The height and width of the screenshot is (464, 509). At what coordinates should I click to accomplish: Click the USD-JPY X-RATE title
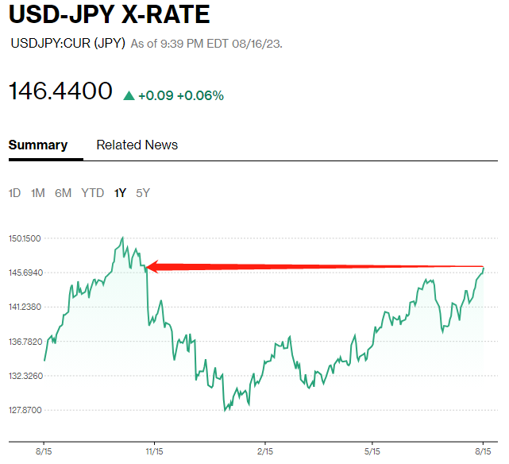[x=109, y=14]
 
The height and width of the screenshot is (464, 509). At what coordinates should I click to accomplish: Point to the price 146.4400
[x=60, y=91]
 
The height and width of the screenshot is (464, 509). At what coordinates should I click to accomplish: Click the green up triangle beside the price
[x=129, y=96]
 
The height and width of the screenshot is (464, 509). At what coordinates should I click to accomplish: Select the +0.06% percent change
[x=200, y=96]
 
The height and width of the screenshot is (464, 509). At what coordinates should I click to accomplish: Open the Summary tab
[x=38, y=145]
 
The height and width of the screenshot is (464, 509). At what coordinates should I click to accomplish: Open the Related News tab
[x=137, y=145]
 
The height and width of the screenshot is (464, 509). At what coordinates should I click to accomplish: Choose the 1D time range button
[x=15, y=193]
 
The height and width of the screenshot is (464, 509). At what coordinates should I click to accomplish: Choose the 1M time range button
[x=38, y=193]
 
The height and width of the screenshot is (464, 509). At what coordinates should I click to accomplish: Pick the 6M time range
[x=64, y=193]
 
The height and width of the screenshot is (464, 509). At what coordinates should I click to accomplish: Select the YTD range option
[x=93, y=193]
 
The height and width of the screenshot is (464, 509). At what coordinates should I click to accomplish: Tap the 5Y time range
[x=143, y=193]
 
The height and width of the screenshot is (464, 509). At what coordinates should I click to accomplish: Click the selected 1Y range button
[x=120, y=193]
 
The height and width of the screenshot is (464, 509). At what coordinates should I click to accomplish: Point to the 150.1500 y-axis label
[x=25, y=238]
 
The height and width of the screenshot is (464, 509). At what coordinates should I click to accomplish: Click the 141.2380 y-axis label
[x=25, y=307]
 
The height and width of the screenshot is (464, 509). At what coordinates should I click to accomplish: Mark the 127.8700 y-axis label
[x=25, y=411]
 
